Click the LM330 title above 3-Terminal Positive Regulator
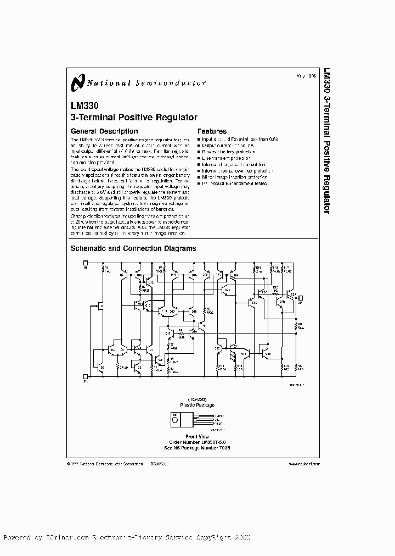click(x=82, y=108)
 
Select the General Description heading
click(x=104, y=131)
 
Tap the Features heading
click(x=212, y=131)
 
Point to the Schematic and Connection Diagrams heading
click(x=133, y=248)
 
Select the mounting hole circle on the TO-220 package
click(x=176, y=420)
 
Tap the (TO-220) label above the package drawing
click(x=194, y=400)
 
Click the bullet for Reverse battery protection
click(x=199, y=150)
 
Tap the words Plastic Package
click(x=194, y=405)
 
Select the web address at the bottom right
click(x=304, y=464)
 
